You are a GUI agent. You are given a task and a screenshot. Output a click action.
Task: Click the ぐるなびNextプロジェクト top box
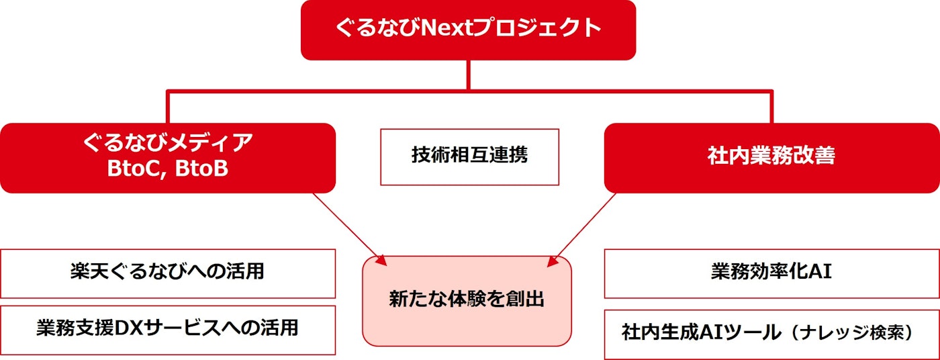coord(469,30)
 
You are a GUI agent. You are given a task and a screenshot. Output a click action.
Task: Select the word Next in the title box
coord(446,28)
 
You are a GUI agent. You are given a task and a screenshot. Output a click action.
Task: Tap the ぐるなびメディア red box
coord(168,159)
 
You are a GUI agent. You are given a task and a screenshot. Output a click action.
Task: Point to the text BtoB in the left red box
coord(201,169)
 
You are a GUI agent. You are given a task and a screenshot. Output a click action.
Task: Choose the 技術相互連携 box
coord(469,157)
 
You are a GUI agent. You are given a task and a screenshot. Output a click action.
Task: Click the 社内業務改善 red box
coord(771,159)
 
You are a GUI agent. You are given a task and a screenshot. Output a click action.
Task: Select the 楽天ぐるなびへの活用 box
coord(168,273)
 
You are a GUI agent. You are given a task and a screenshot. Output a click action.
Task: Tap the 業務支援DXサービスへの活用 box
coord(168,330)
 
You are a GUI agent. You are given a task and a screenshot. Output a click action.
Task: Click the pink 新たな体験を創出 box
coord(467,301)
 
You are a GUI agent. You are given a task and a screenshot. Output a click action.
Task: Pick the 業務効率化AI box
coord(771,273)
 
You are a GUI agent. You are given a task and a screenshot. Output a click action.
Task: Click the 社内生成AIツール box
coord(771,334)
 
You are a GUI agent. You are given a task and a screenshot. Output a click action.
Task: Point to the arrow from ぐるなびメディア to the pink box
coord(350,230)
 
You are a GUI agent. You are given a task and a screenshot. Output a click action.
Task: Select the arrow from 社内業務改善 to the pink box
coord(581,230)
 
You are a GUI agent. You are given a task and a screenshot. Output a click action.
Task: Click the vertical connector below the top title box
coord(469,75)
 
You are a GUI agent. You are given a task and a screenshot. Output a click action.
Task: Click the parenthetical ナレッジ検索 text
coord(852,332)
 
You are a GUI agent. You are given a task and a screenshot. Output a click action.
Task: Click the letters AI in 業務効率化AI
coord(820,271)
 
